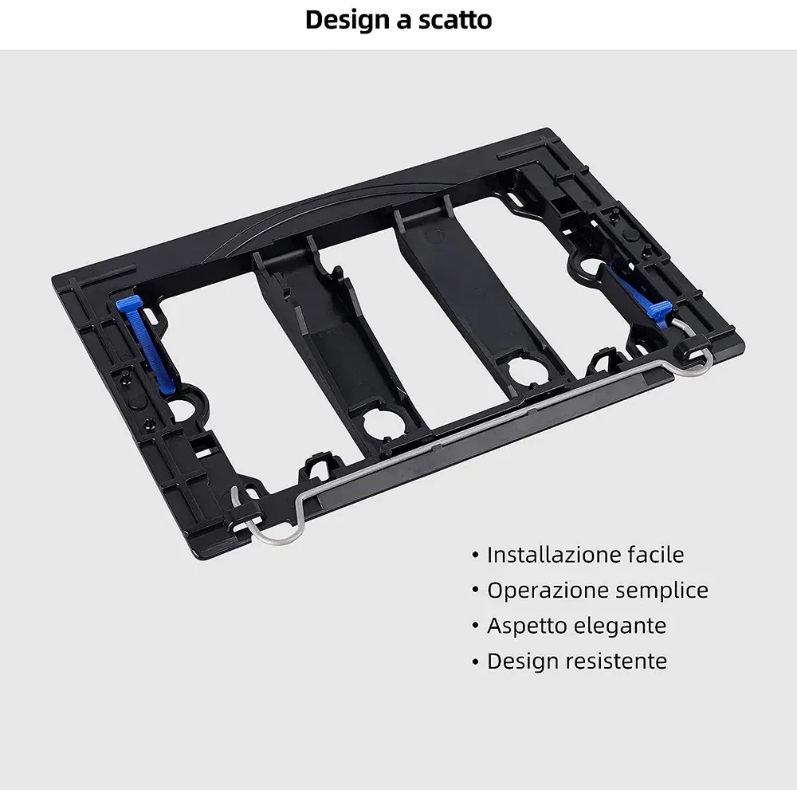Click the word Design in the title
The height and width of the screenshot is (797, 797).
[347, 22]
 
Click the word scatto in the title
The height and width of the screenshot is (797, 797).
[455, 21]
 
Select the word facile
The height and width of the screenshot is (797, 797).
[656, 554]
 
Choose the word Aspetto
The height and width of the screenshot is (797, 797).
[526, 626]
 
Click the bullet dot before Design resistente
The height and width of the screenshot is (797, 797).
[475, 662]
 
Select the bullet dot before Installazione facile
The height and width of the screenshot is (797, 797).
[475, 555]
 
